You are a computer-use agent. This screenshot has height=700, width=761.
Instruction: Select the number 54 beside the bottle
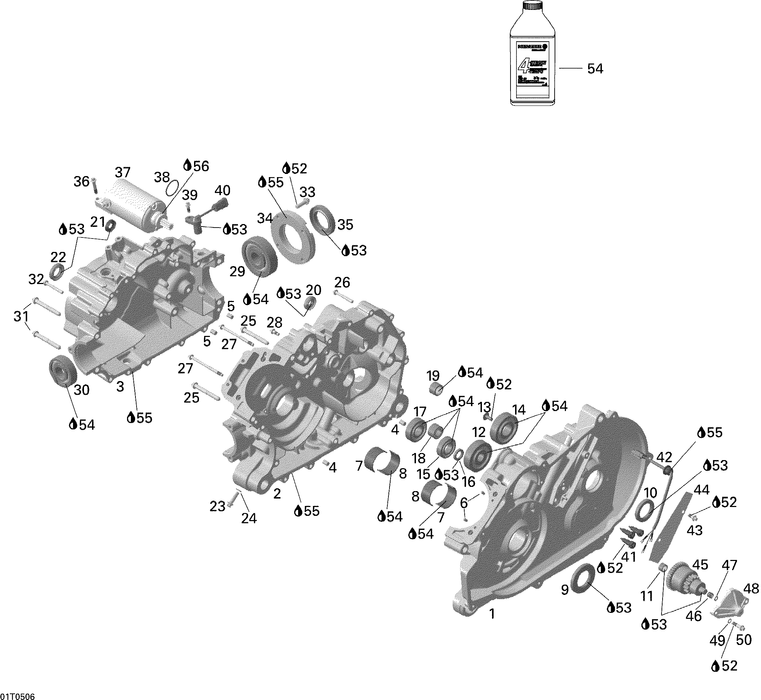click(595, 69)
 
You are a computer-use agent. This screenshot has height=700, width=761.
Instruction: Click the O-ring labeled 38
click(173, 187)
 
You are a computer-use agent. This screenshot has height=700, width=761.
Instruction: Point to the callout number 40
click(222, 190)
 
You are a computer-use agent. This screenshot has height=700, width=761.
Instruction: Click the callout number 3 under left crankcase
click(120, 387)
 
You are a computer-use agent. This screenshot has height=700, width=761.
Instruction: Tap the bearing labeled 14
click(503, 427)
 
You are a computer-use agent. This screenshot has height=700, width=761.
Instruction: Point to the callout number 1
click(492, 614)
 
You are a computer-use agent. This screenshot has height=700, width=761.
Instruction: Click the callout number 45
click(700, 565)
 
